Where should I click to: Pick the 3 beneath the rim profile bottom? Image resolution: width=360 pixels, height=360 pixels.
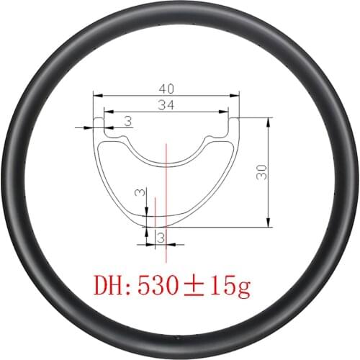(x=161, y=236)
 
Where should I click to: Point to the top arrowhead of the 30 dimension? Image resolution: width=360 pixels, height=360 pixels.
(x=268, y=120)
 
